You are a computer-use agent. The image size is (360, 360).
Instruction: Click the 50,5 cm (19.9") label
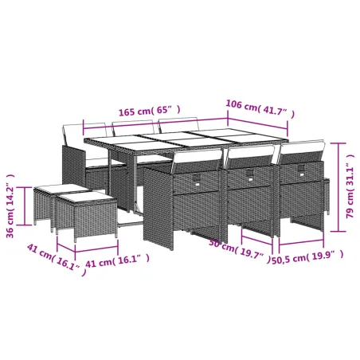[x=307, y=256]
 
